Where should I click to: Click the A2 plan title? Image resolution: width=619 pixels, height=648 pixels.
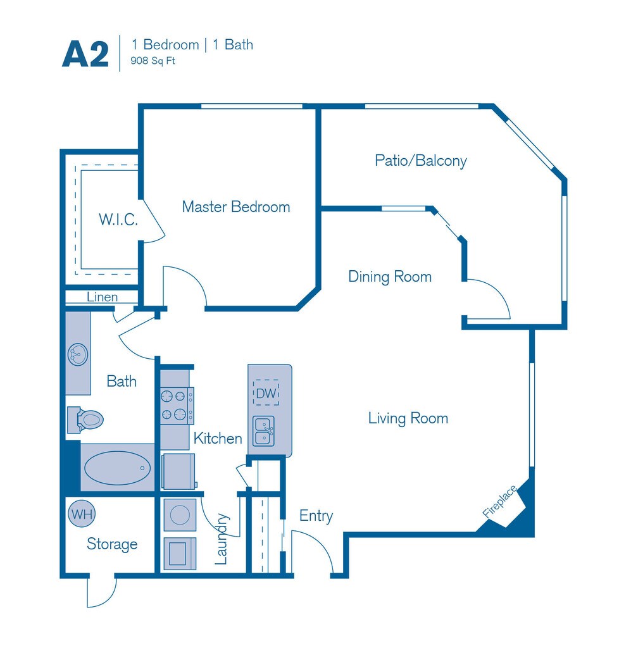(x=85, y=54)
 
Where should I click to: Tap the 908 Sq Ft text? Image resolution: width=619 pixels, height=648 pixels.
(x=153, y=61)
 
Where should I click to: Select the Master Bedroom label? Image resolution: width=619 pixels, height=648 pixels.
(x=236, y=207)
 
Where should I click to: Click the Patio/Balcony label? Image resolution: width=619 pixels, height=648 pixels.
(x=421, y=160)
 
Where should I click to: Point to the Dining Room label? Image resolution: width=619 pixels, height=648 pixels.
(x=390, y=277)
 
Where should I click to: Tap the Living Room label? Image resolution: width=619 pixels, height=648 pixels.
(x=408, y=418)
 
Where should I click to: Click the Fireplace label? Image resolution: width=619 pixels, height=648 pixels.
(x=499, y=501)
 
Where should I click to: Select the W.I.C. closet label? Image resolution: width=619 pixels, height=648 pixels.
(x=118, y=220)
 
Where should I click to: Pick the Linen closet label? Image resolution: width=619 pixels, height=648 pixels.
(x=102, y=297)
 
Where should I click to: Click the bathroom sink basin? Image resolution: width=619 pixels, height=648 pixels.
(x=78, y=354)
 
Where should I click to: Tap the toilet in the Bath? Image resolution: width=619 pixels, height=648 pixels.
(x=85, y=420)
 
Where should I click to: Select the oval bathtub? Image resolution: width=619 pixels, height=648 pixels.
(x=117, y=468)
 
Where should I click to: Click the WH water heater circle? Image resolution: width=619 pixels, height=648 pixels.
(x=82, y=514)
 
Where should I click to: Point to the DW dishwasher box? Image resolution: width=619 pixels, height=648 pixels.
(x=266, y=392)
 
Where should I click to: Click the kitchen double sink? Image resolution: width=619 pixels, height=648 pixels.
(x=264, y=431)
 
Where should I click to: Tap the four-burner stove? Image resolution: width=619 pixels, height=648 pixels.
(x=177, y=406)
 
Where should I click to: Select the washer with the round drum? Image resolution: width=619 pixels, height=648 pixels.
(x=180, y=515)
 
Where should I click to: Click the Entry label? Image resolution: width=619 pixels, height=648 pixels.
(x=316, y=516)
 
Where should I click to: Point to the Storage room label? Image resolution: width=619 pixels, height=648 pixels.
(x=112, y=544)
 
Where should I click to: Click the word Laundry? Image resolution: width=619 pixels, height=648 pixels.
(x=222, y=539)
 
